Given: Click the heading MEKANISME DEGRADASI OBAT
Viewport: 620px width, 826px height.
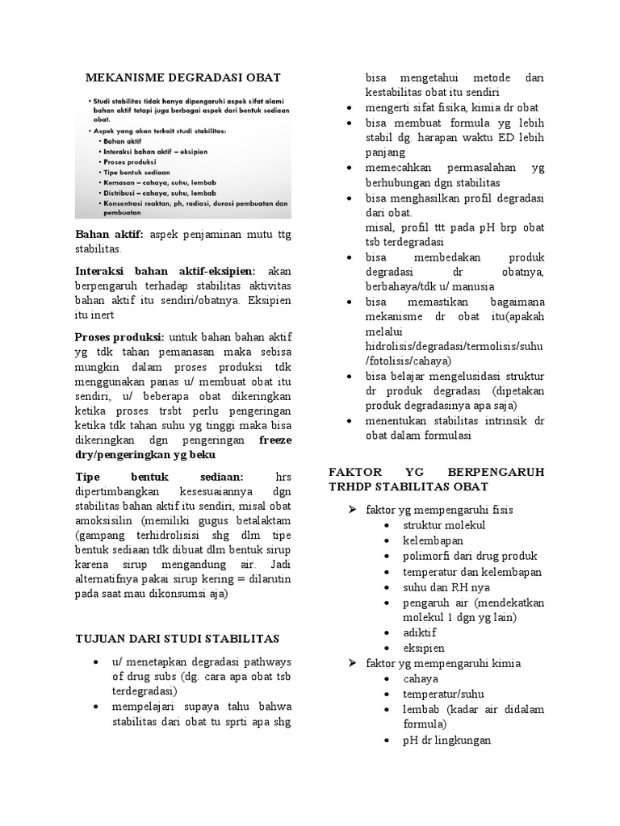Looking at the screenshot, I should click(x=183, y=77).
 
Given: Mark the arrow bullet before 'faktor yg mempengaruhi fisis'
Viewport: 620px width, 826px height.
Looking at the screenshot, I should click(x=352, y=510).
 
